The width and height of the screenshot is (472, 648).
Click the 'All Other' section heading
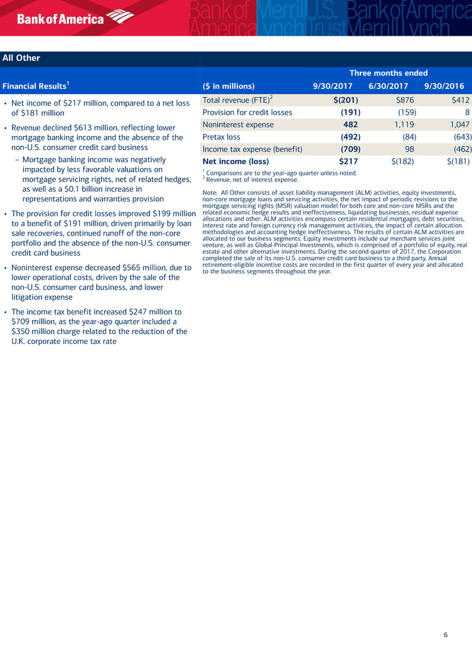(x=21, y=58)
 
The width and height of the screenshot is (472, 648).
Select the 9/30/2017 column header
(x=333, y=86)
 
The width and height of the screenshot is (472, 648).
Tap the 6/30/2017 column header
(x=388, y=86)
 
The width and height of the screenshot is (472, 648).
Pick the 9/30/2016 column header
(x=444, y=86)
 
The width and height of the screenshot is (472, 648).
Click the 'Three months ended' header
(x=389, y=73)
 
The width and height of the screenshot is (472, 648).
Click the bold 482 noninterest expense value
(x=350, y=125)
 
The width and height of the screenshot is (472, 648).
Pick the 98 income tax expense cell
(x=408, y=149)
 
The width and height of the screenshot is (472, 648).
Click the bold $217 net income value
(x=347, y=161)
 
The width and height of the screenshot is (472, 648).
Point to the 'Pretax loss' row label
(x=222, y=137)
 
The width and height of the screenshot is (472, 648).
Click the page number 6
(x=446, y=634)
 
